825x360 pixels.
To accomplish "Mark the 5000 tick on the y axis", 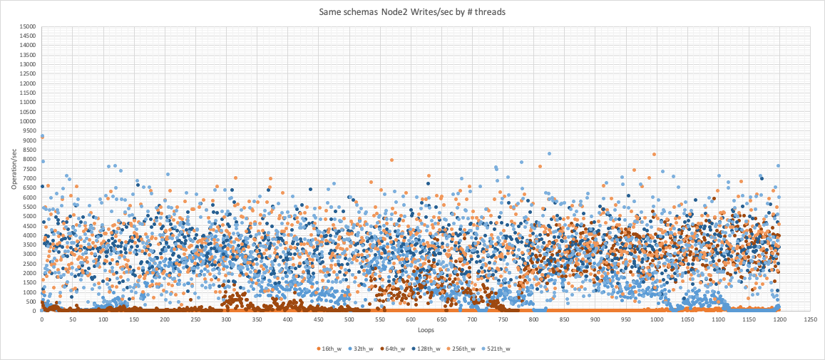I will coord(29,216).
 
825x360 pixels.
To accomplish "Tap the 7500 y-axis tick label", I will coord(29,169).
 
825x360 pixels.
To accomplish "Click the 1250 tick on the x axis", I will coord(811,319).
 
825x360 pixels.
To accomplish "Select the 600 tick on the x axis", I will coord(411,319).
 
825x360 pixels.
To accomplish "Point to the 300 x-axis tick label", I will coord(226,319).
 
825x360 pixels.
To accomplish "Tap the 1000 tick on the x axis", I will coord(657,319).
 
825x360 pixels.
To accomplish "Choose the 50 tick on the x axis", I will coord(73,319).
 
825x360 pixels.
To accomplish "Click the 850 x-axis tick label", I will coord(565,319).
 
